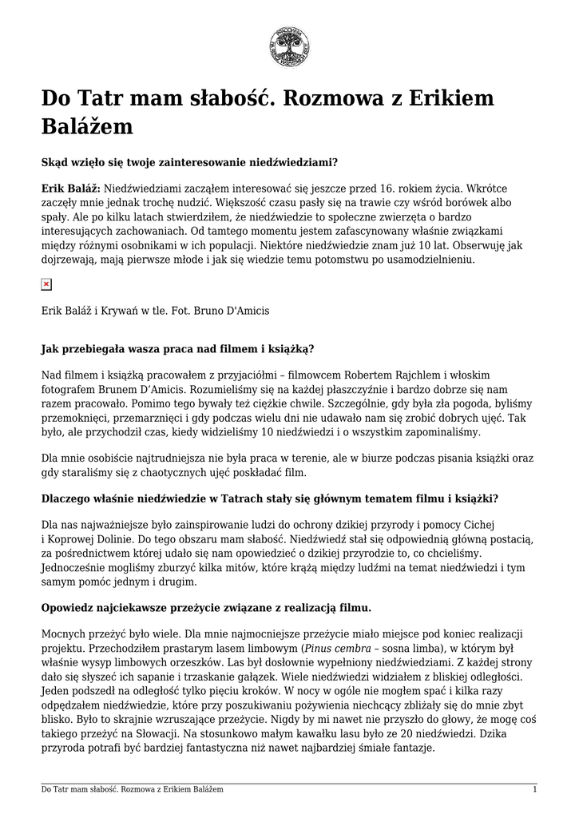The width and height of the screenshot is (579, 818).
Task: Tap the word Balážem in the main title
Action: coord(87,127)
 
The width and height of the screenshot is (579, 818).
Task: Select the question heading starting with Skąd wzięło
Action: coord(189,161)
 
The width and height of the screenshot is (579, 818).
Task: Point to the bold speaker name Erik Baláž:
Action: coord(70,189)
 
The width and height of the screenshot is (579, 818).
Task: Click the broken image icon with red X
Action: coord(46,284)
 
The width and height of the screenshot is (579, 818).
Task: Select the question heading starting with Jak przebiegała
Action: coord(177,348)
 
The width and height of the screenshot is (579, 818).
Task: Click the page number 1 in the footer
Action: coord(534,790)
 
